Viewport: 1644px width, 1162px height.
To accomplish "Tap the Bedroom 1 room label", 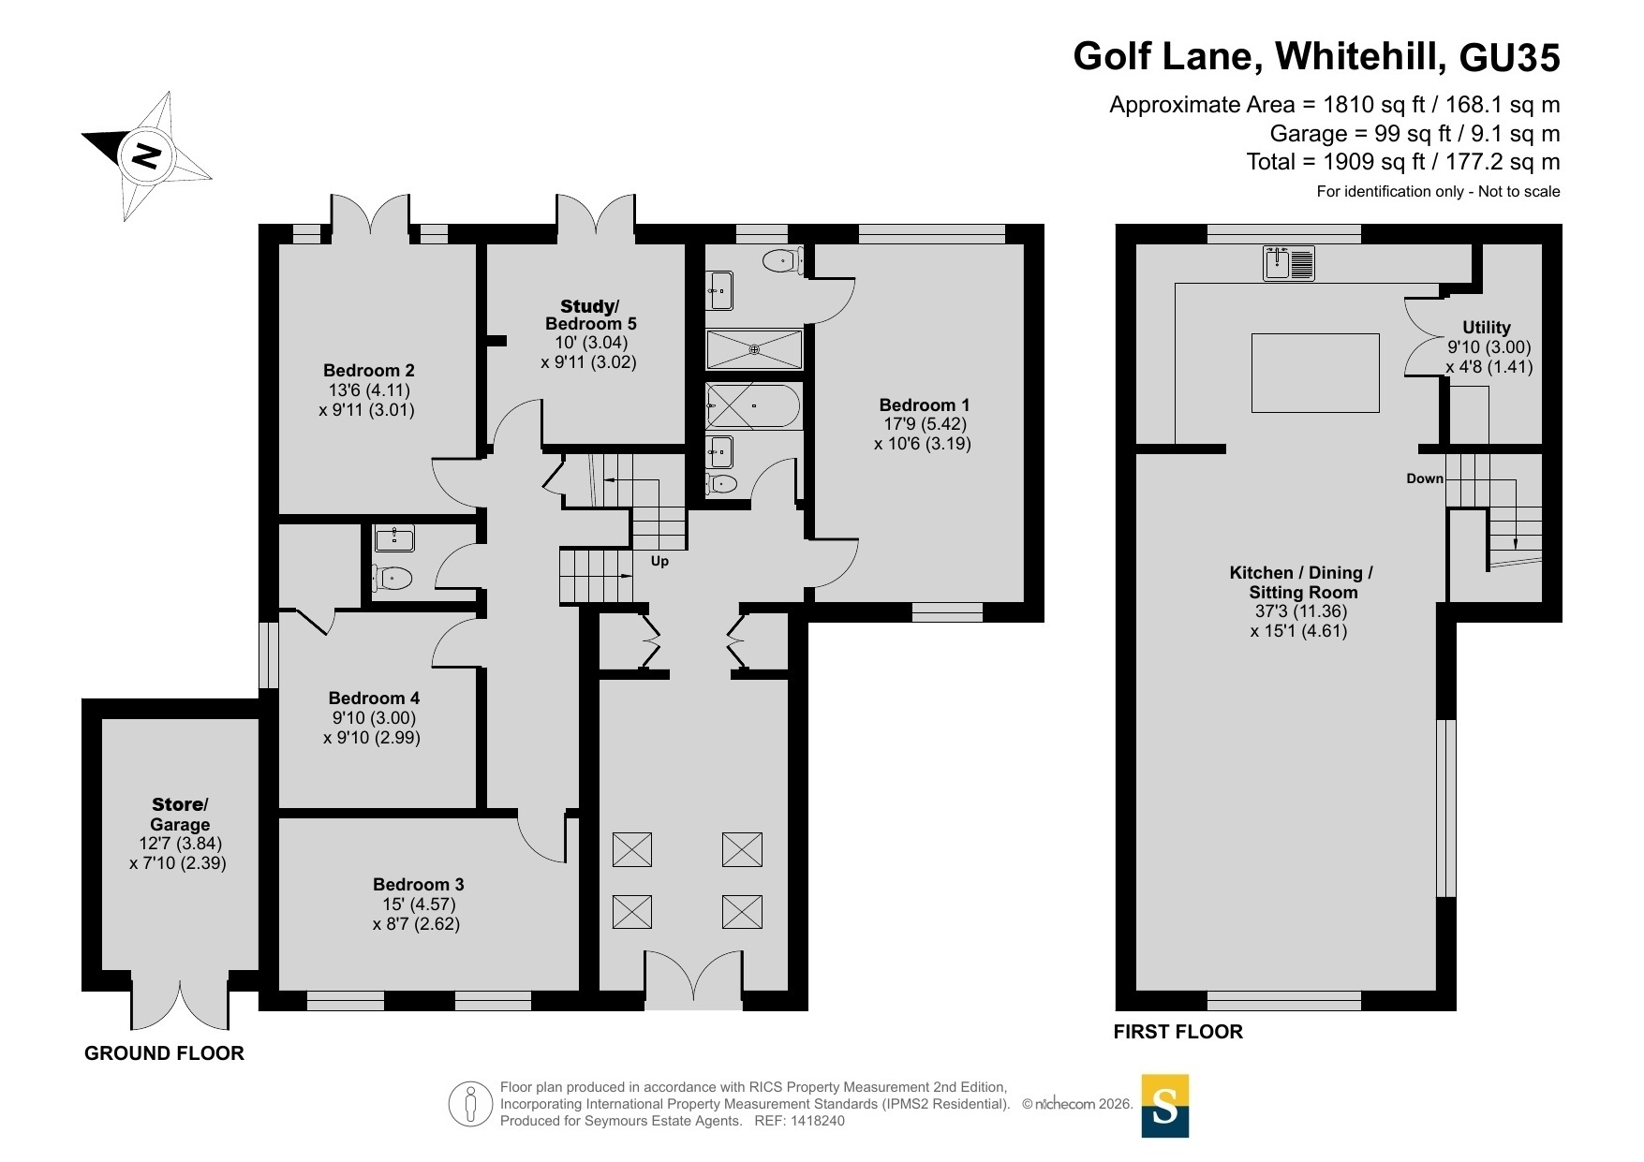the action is (924, 405).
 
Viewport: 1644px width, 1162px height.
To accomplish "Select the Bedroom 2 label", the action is (368, 371).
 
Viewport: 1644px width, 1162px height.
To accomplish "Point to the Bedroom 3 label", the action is (418, 885).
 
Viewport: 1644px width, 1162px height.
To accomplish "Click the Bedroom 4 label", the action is (374, 699).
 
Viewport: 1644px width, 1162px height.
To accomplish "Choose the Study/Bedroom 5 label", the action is (590, 315).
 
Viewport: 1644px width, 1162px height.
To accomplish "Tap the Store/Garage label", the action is (180, 815).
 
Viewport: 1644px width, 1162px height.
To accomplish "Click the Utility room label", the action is (1487, 328).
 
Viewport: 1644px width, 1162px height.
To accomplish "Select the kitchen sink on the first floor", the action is (1289, 263).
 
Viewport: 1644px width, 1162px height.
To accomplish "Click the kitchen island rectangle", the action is (1315, 373).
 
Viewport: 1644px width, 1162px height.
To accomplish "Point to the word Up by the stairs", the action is (659, 562).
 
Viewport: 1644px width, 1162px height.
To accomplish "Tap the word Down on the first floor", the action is (1425, 478).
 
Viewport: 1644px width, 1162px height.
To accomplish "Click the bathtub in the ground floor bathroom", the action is (753, 406).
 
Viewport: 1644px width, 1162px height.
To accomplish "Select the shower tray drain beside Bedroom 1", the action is (755, 349).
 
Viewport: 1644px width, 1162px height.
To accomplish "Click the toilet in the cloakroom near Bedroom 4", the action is (392, 579).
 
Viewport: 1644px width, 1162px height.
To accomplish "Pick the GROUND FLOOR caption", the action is (164, 1053).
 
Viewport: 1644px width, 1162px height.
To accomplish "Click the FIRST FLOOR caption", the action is (1177, 1032).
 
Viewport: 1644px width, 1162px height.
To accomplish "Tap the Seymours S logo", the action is (1164, 1106).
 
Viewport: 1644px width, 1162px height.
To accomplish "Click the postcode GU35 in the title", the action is (1510, 57).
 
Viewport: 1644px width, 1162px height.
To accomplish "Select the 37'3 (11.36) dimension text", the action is (1302, 611).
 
